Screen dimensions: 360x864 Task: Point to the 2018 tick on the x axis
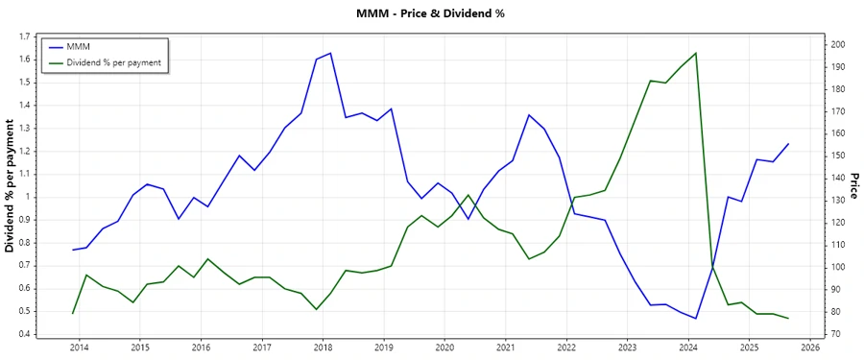coord(323,347)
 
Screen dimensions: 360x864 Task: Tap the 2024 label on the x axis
coord(688,347)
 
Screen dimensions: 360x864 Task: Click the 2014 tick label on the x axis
coord(79,347)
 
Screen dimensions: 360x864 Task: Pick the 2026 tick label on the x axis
coord(810,347)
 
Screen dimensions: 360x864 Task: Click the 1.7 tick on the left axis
coord(23,36)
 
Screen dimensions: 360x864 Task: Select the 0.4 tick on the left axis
coord(23,334)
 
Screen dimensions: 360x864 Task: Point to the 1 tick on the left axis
coord(28,197)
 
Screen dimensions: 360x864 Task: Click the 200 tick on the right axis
coord(839,45)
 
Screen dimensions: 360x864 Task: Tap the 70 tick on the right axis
coord(836,334)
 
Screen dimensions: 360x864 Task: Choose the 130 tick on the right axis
coord(839,200)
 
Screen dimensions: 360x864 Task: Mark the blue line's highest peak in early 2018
coord(330,53)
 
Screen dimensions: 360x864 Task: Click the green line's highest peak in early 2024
coord(696,53)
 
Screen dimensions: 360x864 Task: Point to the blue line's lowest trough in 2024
coord(696,319)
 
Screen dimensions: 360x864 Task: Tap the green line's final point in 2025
coord(788,318)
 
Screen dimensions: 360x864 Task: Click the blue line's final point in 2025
coord(788,144)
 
